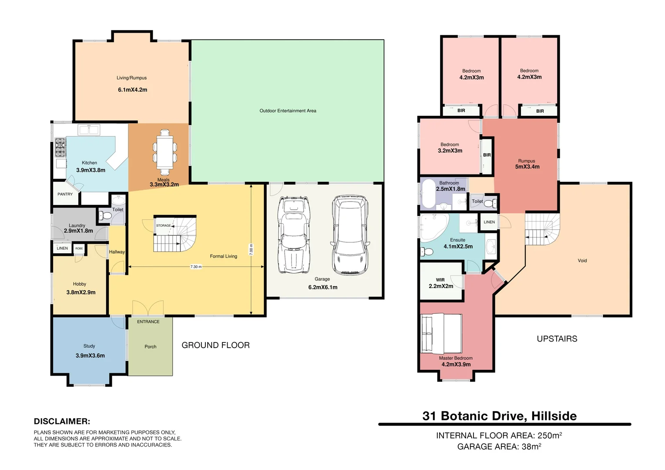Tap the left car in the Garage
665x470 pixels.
294,235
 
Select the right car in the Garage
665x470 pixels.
350,235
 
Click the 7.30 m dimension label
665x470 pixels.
196,267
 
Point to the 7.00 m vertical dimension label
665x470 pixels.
251,249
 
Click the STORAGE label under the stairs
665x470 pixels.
163,225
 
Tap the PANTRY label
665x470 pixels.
65,194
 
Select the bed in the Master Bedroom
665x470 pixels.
441,334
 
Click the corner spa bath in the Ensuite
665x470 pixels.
433,227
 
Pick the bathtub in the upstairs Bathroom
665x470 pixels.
429,194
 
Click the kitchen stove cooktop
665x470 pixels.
60,147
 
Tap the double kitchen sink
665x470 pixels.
89,130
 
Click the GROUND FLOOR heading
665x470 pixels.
215,345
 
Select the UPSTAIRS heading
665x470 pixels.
557,339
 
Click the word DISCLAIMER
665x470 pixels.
62,421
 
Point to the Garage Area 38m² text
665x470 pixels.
499,446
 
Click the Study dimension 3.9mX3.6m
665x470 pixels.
90,356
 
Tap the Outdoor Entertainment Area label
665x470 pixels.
288,111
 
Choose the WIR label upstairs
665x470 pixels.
440,280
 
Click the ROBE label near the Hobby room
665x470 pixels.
79,248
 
